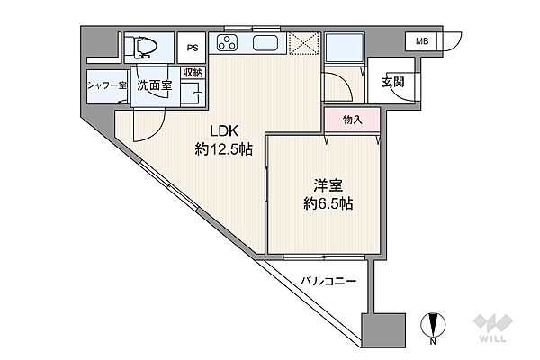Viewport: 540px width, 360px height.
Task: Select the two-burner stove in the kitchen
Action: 225,42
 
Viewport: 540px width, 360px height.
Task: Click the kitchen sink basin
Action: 265,43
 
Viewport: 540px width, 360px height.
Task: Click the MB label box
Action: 421,40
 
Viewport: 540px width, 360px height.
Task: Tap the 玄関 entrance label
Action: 391,83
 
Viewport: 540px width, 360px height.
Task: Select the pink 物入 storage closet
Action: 351,120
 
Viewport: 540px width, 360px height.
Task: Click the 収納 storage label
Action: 193,73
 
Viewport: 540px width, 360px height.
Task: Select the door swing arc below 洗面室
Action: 148,126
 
